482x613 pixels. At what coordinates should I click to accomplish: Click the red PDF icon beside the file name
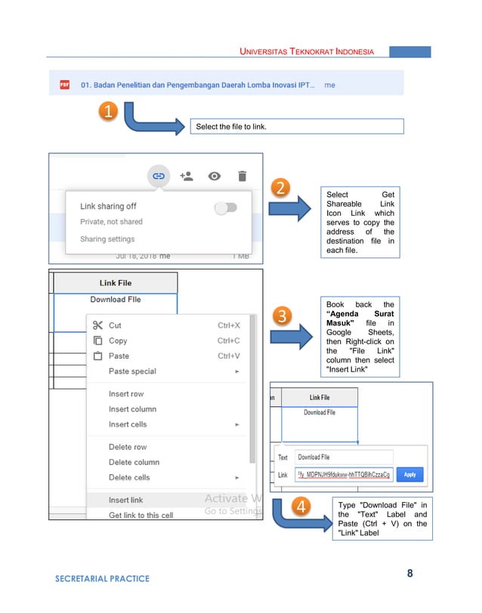coord(65,85)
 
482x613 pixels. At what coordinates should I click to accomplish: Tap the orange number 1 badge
coord(109,112)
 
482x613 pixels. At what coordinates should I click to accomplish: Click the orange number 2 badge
coord(280,188)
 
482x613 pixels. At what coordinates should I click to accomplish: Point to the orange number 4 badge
coord(301,507)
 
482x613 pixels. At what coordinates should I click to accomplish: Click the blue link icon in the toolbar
coord(159,176)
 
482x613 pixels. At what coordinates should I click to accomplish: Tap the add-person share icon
coord(187,176)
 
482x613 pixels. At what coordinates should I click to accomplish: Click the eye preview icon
coord(215,176)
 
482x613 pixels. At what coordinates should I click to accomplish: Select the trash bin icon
coord(242,176)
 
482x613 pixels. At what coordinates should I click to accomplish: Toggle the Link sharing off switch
coord(225,208)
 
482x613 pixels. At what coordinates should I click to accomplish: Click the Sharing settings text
coord(107,239)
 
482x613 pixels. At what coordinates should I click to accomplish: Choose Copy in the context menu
coord(118,340)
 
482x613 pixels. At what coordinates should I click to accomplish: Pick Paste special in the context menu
coord(132,371)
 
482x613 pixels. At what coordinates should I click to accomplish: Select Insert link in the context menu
coord(125,500)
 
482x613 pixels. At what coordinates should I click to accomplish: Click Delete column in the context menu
coord(134,462)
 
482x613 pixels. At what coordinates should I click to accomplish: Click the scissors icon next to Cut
coord(97,325)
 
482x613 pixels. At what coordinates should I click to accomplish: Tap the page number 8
coord(410,573)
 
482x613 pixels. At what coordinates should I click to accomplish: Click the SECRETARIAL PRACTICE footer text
coord(102,579)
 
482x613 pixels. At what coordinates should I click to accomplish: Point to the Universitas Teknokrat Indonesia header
coord(307,51)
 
